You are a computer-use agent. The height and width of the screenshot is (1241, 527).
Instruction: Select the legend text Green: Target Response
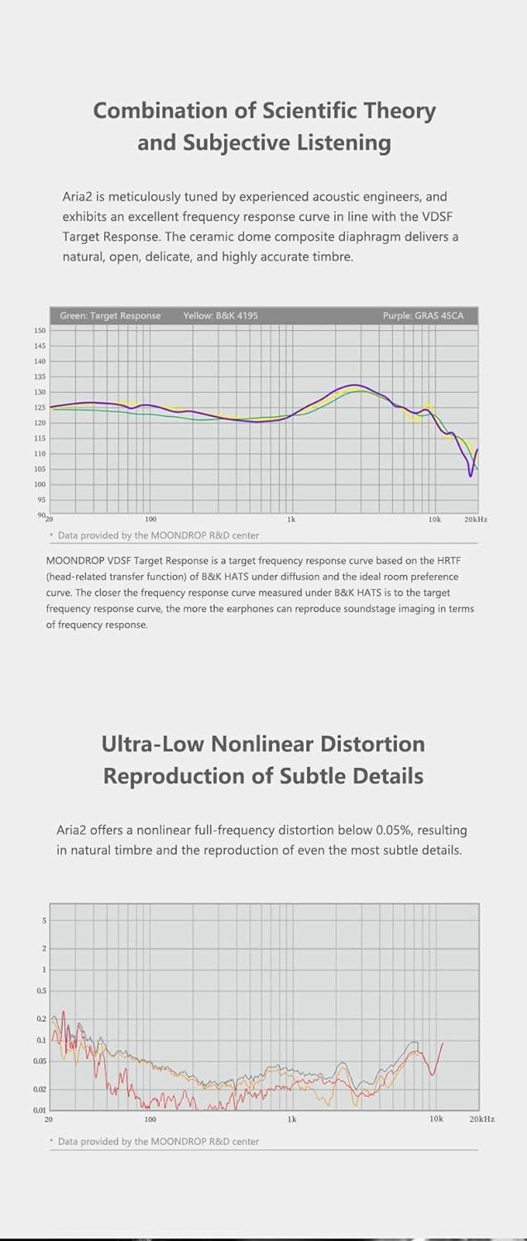(110, 316)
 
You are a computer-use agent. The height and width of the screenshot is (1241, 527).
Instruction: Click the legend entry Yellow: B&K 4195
(220, 316)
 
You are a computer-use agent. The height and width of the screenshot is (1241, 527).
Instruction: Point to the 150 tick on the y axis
(40, 330)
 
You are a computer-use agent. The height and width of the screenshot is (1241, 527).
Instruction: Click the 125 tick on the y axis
(40, 407)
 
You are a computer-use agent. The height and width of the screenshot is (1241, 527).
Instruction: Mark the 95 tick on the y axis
(41, 500)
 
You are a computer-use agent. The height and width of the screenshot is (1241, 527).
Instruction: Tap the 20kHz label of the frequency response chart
(476, 520)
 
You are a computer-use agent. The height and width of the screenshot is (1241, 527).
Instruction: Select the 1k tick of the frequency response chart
(291, 520)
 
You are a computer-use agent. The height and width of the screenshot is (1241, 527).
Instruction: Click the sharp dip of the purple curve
(471, 475)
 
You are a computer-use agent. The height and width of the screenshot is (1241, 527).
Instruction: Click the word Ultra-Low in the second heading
(153, 744)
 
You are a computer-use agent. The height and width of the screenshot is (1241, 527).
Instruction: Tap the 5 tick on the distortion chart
(44, 921)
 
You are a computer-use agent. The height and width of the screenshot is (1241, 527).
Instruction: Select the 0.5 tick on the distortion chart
(41, 990)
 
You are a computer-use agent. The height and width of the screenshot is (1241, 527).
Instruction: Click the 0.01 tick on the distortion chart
(40, 1109)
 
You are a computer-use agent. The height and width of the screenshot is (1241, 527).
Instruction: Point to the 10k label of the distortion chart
(436, 1119)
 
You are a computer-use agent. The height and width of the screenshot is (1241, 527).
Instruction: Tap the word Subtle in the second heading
(323, 776)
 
